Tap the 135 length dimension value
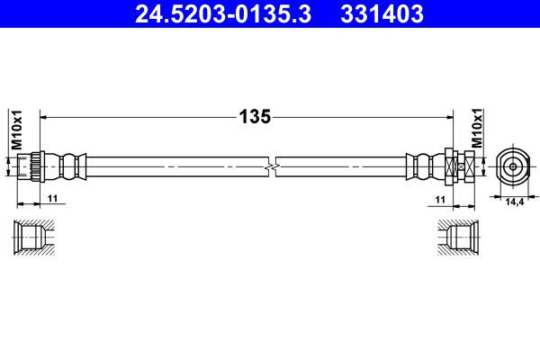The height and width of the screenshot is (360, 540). (255, 116)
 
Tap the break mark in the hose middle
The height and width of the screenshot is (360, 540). (272, 166)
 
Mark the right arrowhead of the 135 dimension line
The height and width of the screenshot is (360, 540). (448, 116)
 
